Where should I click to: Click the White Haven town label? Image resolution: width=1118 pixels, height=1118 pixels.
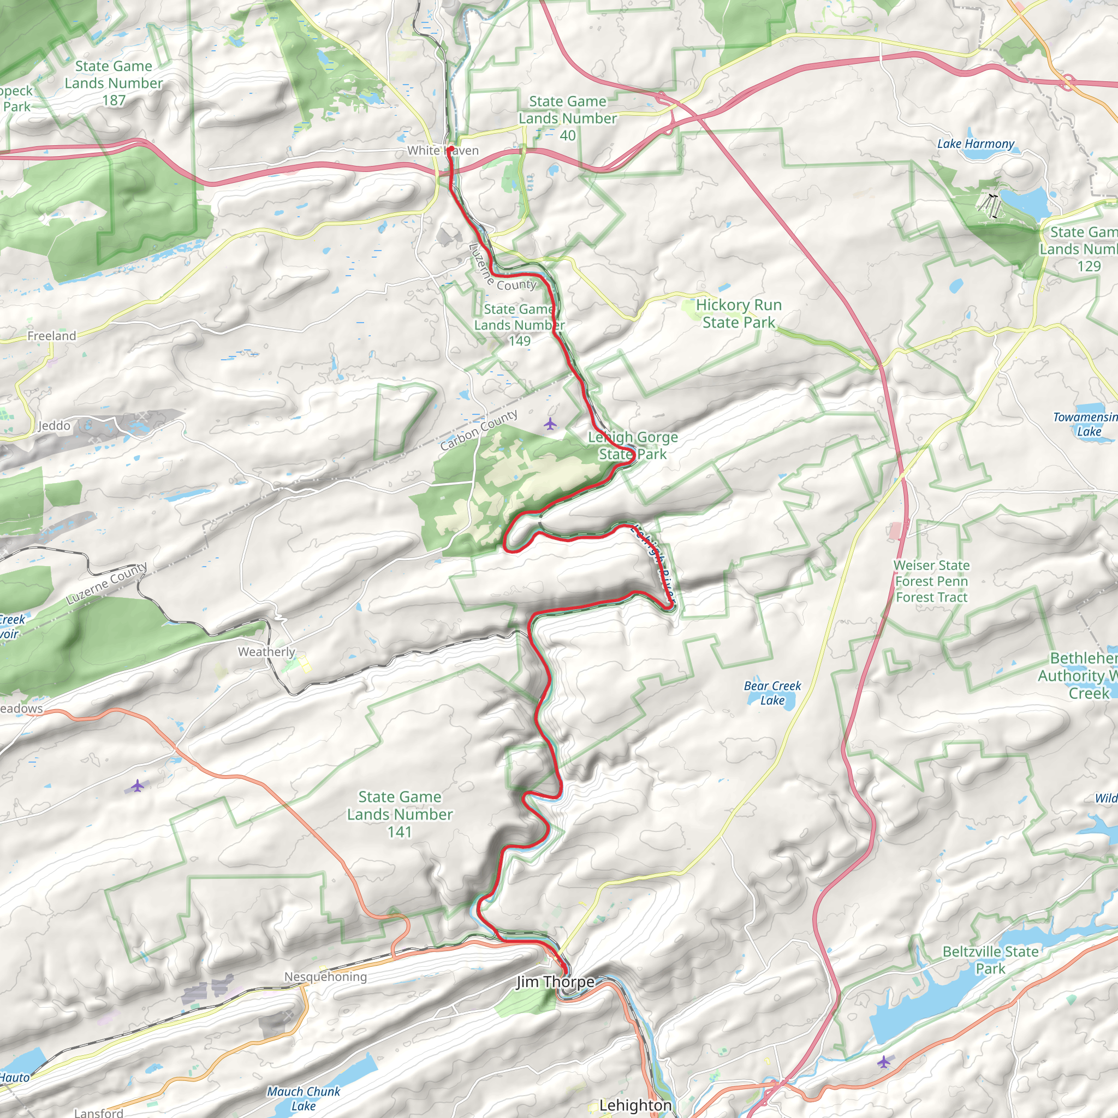[443, 151]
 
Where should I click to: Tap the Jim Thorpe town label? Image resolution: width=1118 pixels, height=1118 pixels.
[555, 982]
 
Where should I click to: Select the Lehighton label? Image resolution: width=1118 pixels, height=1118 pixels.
[635, 1105]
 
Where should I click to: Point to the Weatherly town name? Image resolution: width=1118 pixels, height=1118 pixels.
[266, 652]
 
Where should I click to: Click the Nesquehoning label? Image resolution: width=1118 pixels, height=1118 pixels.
[325, 977]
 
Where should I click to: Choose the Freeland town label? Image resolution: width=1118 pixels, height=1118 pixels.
[51, 336]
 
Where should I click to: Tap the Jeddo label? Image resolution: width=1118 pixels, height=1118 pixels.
[54, 426]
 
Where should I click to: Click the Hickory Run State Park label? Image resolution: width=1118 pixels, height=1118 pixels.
[739, 314]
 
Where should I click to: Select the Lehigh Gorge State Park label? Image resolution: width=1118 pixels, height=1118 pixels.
[633, 445]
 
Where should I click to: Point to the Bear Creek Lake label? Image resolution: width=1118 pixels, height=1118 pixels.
[772, 693]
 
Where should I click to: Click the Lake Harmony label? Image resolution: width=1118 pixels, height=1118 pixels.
[976, 144]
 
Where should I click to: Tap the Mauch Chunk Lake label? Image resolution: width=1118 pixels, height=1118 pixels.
[303, 1098]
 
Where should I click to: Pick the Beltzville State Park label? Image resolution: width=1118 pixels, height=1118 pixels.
[990, 960]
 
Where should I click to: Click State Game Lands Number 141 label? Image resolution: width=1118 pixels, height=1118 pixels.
[399, 814]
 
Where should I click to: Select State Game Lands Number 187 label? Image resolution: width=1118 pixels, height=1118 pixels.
[114, 84]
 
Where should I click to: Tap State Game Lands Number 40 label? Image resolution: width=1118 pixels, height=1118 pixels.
[567, 118]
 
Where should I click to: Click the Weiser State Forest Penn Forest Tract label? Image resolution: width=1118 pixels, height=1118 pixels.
[931, 581]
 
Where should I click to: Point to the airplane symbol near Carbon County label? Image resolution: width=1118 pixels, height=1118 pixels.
[550, 425]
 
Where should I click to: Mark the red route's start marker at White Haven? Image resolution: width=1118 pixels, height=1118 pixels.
[450, 149]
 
